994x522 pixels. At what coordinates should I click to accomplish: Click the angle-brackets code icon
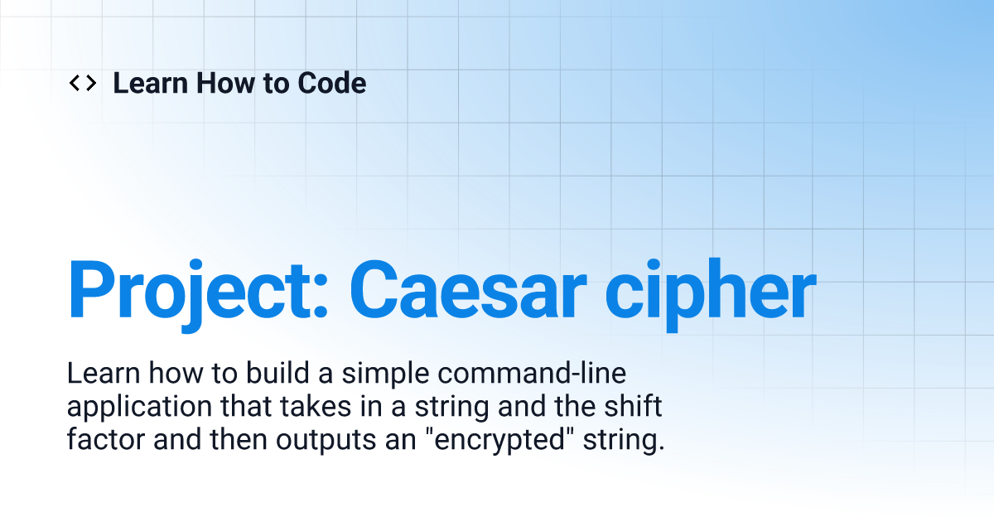coord(83,83)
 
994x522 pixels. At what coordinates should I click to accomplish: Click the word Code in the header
coord(332,83)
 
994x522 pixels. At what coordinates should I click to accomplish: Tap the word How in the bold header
coord(225,83)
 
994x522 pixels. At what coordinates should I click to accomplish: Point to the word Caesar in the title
coord(468,289)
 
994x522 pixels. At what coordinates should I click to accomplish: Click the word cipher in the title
coord(711,294)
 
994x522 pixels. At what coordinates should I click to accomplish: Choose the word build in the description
coord(277,373)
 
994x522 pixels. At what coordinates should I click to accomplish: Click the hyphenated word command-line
coord(532,373)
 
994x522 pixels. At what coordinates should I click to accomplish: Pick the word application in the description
coord(140,408)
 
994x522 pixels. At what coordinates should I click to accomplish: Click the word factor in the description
coord(106,439)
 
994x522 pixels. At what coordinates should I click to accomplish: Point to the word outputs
coord(326,441)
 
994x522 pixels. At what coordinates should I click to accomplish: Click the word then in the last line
coord(239,439)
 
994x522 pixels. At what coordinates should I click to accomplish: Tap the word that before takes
coord(246,406)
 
